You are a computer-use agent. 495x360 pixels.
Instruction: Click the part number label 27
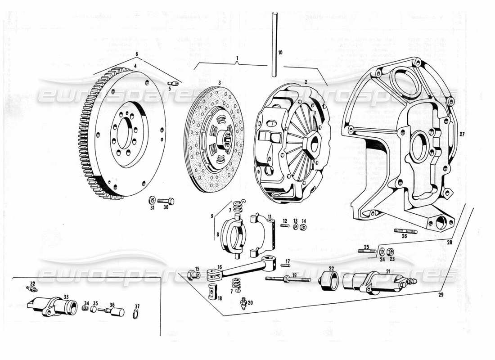462,135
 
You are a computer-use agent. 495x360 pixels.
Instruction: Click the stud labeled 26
405,231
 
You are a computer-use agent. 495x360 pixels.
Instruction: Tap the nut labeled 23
391,251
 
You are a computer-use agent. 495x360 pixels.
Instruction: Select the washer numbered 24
382,251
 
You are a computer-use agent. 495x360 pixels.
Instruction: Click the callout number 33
66,297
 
